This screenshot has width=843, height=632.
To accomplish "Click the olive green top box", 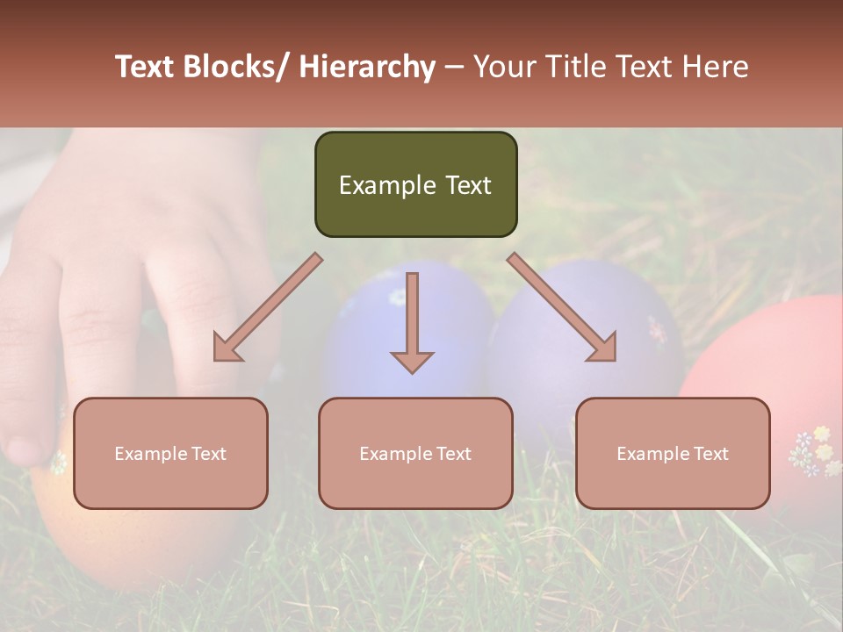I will pyautogui.click(x=415, y=184).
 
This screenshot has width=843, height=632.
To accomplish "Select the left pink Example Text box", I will pyautogui.click(x=170, y=453).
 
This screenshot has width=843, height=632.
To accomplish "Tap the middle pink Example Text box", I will pyautogui.click(x=415, y=453).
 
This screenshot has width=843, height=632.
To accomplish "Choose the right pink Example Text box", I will pyautogui.click(x=673, y=453).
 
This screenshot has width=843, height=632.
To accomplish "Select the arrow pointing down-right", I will pyautogui.click(x=563, y=308).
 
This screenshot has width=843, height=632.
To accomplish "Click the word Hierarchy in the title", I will pyautogui.click(x=367, y=67).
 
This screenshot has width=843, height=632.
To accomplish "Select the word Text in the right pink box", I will pyautogui.click(x=710, y=454).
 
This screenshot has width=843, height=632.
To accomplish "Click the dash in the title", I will pyautogui.click(x=454, y=67).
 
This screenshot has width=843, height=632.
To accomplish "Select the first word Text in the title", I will pyautogui.click(x=146, y=67).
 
